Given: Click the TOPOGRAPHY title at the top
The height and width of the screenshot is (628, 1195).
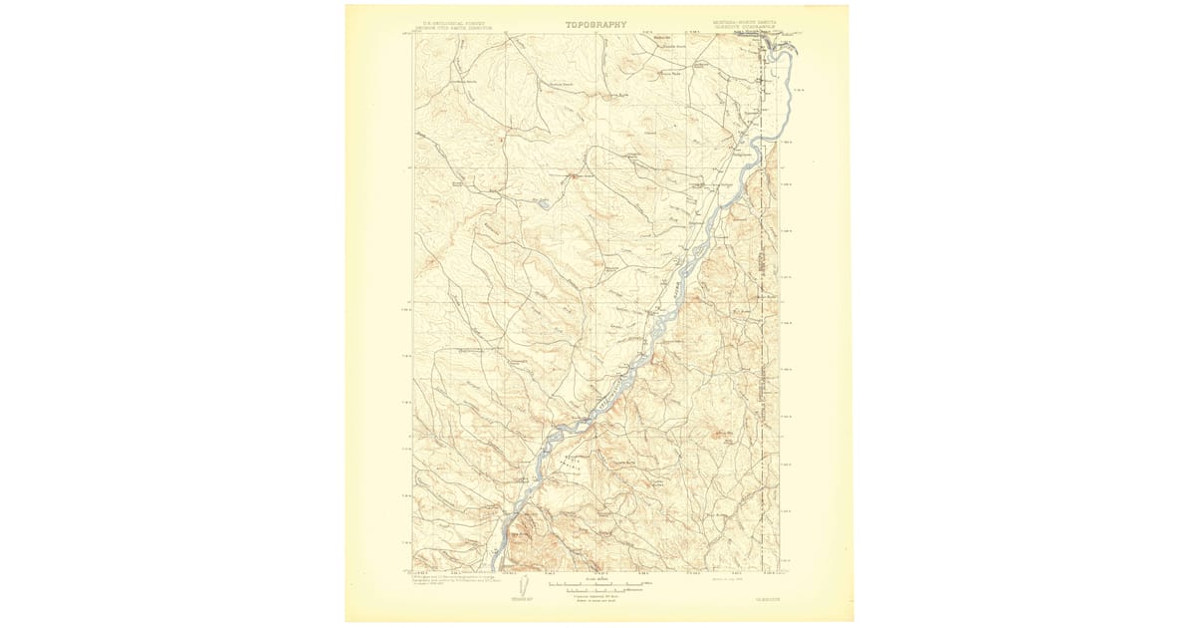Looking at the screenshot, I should click(x=597, y=24).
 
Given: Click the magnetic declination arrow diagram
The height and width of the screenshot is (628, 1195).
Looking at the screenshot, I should click(x=516, y=588).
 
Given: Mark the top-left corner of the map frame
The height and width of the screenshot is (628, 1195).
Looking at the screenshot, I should click(x=414, y=36).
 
